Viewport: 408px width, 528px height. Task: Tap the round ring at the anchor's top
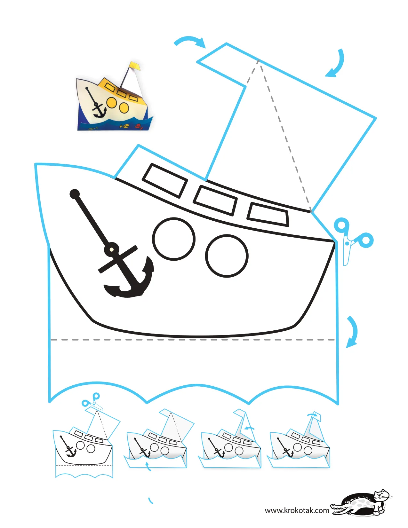pyautogui.click(x=112, y=249)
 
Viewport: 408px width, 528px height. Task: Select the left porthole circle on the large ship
pyautogui.click(x=174, y=239)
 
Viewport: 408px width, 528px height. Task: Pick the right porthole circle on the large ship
pyautogui.click(x=227, y=256)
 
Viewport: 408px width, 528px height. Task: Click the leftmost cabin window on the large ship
pyautogui.click(x=165, y=181)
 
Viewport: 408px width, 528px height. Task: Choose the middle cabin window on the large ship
pyautogui.click(x=215, y=200)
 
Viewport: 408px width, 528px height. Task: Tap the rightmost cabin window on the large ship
pyautogui.click(x=268, y=214)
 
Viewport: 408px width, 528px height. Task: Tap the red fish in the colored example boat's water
pyautogui.click(x=138, y=126)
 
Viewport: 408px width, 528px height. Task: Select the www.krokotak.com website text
pyautogui.click(x=297, y=510)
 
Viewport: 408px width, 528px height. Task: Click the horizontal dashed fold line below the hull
pyautogui.click(x=193, y=339)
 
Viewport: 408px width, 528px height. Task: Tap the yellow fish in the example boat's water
pyautogui.click(x=125, y=126)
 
